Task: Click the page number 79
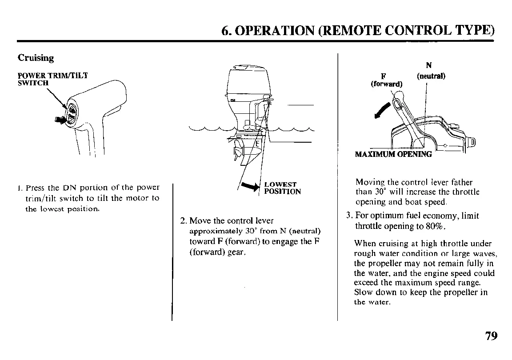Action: (x=491, y=336)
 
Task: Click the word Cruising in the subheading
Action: (x=36, y=58)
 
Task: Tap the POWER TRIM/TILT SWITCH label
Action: (x=52, y=79)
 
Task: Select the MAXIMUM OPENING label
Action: (x=393, y=154)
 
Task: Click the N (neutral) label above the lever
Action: (x=431, y=71)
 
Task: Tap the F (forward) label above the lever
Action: (x=386, y=80)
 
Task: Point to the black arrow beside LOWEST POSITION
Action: (x=250, y=186)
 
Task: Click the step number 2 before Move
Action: (x=182, y=221)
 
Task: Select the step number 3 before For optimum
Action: (x=349, y=216)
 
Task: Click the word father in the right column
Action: (x=461, y=182)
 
